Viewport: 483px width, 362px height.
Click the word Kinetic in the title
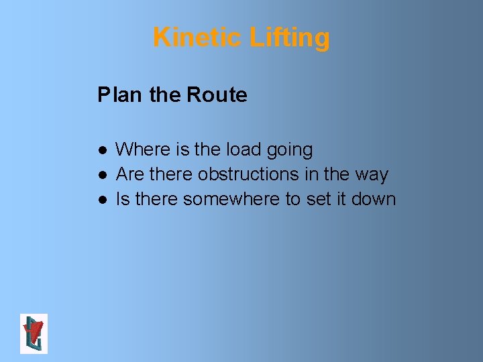tap(198, 38)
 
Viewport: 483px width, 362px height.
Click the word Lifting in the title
tap(289, 38)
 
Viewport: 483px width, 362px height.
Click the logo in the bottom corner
tap(34, 333)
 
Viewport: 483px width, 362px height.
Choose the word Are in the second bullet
tap(130, 174)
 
